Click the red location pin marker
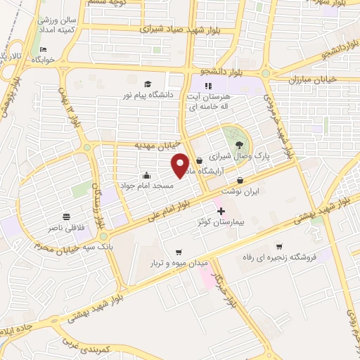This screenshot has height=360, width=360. coord(180,165)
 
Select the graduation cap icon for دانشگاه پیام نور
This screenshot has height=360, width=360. coord(148,84)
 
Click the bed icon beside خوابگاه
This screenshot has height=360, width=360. coord(43,50)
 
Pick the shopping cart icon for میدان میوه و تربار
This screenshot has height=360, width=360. coord(179,252)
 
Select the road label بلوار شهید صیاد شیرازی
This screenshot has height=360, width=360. coord(173,30)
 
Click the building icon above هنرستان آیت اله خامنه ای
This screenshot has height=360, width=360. coord(207,86)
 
